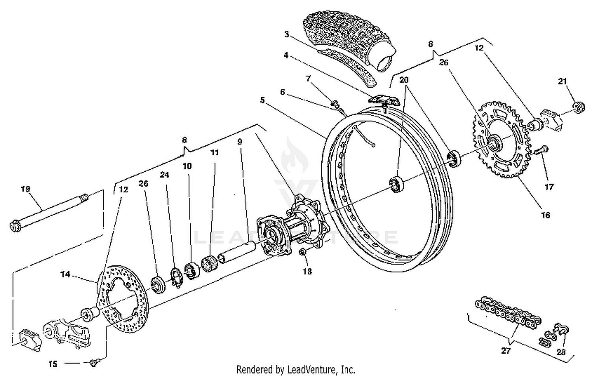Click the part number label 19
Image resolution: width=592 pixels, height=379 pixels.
(25, 189)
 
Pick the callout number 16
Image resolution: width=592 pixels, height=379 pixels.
(545, 215)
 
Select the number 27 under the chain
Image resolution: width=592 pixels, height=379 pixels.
(506, 350)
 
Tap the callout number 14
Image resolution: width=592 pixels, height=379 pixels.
(65, 274)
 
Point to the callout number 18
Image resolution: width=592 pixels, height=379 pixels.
(307, 271)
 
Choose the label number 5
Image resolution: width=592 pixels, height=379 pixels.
(262, 100)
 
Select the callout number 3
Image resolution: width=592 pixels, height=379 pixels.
(287, 34)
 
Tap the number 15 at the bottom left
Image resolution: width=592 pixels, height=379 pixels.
(53, 364)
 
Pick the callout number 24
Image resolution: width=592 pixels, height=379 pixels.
(164, 175)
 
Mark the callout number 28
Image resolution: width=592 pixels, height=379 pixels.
(561, 352)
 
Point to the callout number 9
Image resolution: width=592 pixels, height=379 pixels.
(240, 141)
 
